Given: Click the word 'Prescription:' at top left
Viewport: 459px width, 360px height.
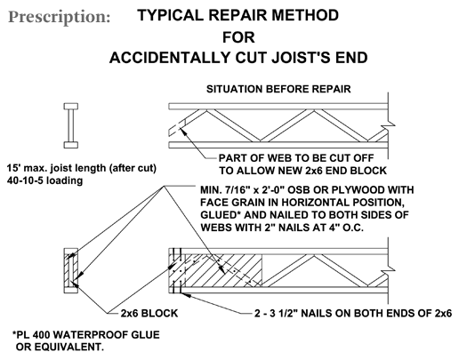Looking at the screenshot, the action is tap(60, 17).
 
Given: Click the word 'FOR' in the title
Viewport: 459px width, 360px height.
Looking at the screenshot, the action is tap(238, 37).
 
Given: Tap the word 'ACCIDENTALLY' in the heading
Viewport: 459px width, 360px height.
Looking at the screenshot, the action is tap(171, 58).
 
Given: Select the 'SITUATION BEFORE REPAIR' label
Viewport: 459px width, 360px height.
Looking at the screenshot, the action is tap(278, 89).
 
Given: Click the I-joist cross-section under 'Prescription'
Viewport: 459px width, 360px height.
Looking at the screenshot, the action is tap(71, 125).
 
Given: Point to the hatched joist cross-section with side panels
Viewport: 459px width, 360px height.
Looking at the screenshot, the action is tap(71, 270).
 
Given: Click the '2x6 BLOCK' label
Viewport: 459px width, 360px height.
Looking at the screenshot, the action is tap(149, 313).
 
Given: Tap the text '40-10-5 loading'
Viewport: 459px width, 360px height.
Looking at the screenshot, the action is tap(44, 180).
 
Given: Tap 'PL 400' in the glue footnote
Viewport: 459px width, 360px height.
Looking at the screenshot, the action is tap(34, 335).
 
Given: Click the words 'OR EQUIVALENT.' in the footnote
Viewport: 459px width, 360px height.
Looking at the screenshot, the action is tap(60, 347).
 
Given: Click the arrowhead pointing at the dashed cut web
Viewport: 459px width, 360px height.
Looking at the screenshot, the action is tap(184, 131).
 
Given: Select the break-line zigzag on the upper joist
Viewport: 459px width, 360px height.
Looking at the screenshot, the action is tap(388, 125).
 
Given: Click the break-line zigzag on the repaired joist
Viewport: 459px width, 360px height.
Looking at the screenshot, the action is tap(388, 270).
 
